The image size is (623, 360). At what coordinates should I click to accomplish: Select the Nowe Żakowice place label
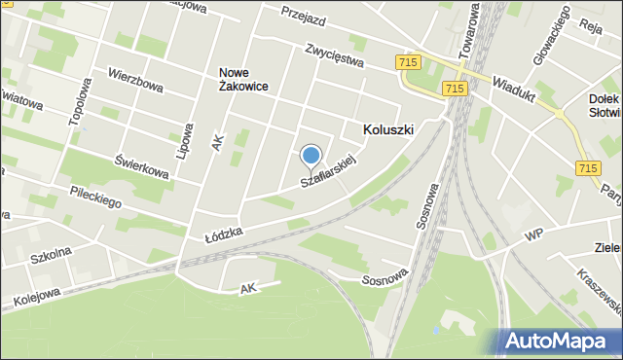pyautogui.click(x=243, y=79)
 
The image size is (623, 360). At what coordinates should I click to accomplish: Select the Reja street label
pyautogui.click(x=591, y=26)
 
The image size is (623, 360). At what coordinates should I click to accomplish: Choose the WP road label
pyautogui.click(x=533, y=235)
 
